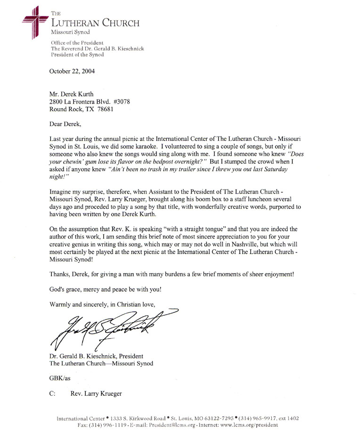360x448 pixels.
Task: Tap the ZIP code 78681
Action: [x=105, y=108]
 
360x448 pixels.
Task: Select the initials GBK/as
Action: [x=60, y=378]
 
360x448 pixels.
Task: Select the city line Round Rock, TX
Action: [x=71, y=108]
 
